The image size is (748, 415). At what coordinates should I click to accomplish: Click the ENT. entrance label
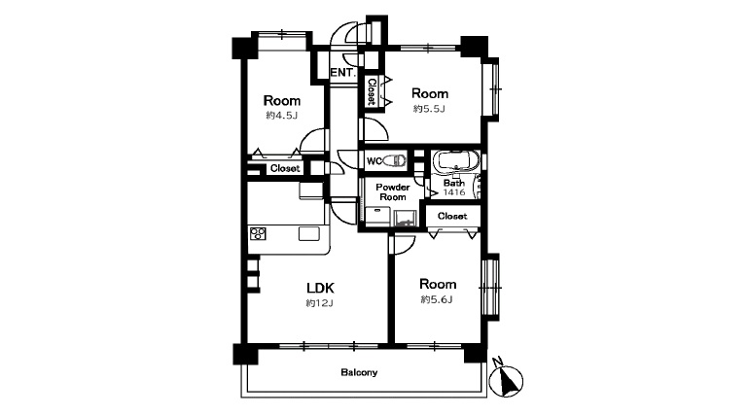(x=343, y=73)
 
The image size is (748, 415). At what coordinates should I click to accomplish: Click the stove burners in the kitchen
(x=258, y=233)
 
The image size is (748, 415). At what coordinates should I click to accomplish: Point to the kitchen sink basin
(x=308, y=233)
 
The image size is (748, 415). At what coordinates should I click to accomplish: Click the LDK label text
(x=320, y=288)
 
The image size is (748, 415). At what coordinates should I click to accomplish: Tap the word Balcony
(x=359, y=372)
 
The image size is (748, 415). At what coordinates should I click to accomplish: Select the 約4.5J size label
(x=282, y=115)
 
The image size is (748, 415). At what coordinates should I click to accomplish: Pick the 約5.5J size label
(x=429, y=109)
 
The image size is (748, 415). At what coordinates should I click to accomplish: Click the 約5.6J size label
(x=437, y=299)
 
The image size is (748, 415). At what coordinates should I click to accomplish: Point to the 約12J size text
(x=319, y=302)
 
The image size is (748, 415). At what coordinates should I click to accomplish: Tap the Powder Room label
(x=393, y=192)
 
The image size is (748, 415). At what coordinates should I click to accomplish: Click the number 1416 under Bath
(x=454, y=192)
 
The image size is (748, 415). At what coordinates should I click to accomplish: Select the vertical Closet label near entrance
(x=372, y=92)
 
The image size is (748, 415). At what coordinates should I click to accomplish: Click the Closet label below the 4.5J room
(x=285, y=168)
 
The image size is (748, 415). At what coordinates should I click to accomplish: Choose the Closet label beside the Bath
(x=452, y=216)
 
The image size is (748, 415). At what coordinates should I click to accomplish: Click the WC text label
(x=374, y=161)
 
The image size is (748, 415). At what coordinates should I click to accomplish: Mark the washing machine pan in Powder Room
(x=406, y=219)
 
